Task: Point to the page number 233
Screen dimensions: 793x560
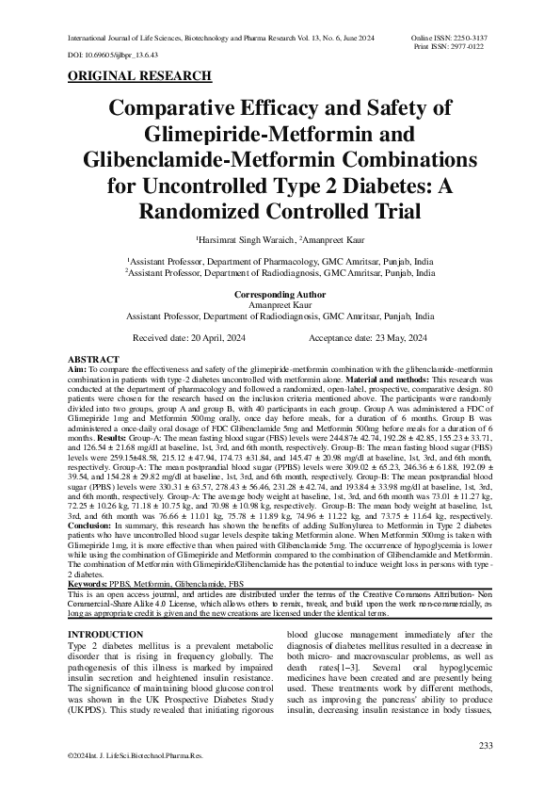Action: (x=486, y=746)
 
